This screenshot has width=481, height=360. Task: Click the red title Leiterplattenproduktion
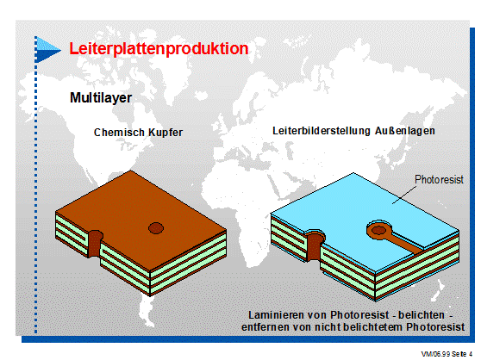click(x=159, y=49)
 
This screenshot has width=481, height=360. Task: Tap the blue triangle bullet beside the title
click(x=47, y=50)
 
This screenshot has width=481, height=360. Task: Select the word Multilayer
click(x=101, y=98)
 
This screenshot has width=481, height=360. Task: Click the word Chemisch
click(x=119, y=133)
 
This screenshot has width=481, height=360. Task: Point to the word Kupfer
click(x=166, y=133)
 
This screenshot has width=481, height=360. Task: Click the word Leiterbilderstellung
click(x=322, y=131)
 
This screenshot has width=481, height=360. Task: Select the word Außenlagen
click(x=405, y=131)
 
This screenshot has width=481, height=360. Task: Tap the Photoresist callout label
click(x=439, y=179)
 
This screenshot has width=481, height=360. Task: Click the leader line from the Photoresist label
click(x=404, y=195)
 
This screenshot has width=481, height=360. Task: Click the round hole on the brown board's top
click(x=156, y=228)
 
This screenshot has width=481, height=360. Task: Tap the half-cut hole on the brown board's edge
click(x=96, y=244)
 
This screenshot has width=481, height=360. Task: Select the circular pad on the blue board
click(x=379, y=230)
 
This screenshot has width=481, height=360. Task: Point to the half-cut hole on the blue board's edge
click(x=314, y=245)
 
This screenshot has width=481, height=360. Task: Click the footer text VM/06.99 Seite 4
click(x=447, y=354)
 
